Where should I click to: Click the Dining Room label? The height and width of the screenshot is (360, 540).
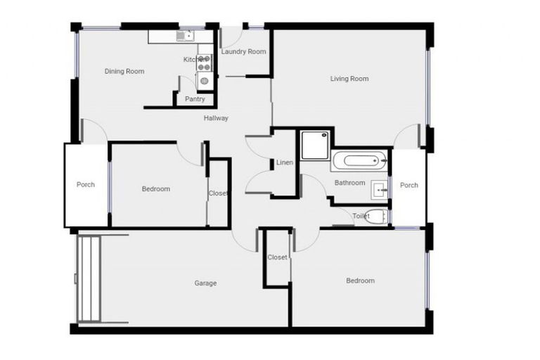pyautogui.click(x=124, y=71)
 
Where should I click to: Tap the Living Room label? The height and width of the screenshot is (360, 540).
pyautogui.click(x=349, y=79)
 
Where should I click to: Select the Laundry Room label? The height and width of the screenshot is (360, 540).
pyautogui.click(x=243, y=51)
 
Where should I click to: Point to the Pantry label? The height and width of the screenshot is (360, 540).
pyautogui.click(x=195, y=99)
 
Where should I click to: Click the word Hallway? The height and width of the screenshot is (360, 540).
pyautogui.click(x=216, y=118)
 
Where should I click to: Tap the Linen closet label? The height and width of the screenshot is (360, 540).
pyautogui.click(x=284, y=163)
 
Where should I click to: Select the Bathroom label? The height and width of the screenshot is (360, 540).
pyautogui.click(x=349, y=183)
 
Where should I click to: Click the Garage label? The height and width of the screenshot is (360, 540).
pyautogui.click(x=205, y=283)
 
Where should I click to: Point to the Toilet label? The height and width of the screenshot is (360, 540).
pyautogui.click(x=361, y=217)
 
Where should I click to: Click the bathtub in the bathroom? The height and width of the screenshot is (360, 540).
pyautogui.click(x=359, y=160)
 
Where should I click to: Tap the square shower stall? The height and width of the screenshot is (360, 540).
pyautogui.click(x=314, y=146)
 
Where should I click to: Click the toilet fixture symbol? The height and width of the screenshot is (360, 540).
pyautogui.click(x=376, y=217)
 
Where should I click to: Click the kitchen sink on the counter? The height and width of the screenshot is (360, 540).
pyautogui.click(x=184, y=35)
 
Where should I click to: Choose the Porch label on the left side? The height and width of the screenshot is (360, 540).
pyautogui.click(x=86, y=185)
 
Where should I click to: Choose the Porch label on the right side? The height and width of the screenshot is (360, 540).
pyautogui.click(x=409, y=186)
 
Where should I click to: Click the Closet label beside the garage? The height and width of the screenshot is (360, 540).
pyautogui.click(x=278, y=257)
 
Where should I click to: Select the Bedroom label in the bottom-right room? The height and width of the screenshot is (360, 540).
pyautogui.click(x=360, y=281)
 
